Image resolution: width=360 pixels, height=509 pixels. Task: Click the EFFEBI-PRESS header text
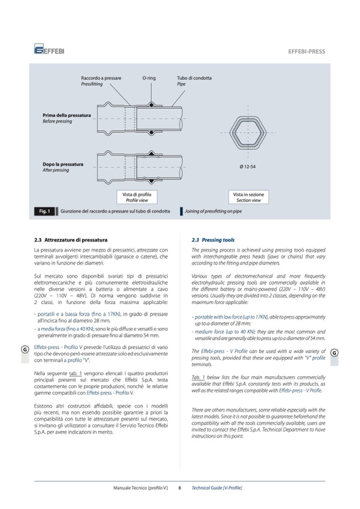(x=306, y=51)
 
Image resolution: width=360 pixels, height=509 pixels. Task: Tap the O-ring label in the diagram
(x=149, y=78)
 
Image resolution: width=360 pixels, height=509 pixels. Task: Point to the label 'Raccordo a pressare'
(x=101, y=78)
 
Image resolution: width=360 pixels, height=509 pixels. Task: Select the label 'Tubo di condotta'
(x=194, y=78)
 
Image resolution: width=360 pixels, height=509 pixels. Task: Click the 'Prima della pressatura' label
(x=66, y=115)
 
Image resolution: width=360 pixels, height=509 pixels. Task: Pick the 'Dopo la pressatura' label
(x=63, y=164)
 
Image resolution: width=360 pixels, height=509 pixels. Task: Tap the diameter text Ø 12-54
(x=247, y=167)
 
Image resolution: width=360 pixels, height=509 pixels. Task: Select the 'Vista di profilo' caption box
(x=136, y=197)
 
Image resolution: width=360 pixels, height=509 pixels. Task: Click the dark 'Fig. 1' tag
(x=44, y=212)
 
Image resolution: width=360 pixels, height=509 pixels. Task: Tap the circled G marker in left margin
(x=24, y=349)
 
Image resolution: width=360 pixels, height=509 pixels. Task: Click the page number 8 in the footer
(x=180, y=487)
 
